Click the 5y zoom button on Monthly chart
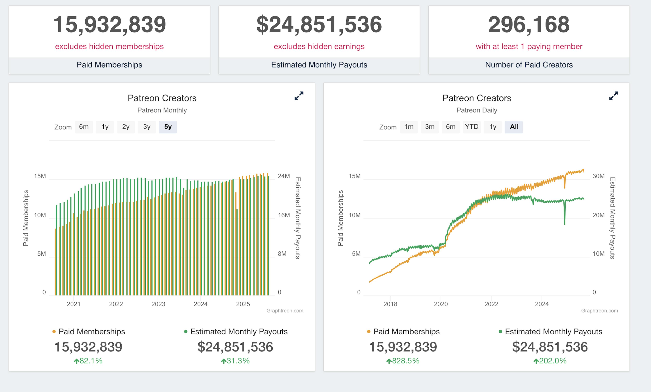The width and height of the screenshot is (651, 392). tap(168, 127)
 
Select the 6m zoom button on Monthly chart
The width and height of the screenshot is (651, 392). tap(84, 127)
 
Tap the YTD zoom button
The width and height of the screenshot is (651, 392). tap(472, 127)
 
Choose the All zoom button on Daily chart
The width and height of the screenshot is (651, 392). tap(514, 127)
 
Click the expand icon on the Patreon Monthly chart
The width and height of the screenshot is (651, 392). tap(299, 96)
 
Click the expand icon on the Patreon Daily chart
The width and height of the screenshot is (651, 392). tap(614, 96)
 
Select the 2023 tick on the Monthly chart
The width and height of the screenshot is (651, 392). tap(158, 304)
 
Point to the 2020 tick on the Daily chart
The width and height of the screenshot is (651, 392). tap(441, 304)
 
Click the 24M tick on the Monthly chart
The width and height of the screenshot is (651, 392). tap(284, 176)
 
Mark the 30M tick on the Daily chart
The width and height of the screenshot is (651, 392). tap(598, 176)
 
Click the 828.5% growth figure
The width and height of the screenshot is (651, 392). tap(403, 361)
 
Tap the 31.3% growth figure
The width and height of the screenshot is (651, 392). tap(235, 361)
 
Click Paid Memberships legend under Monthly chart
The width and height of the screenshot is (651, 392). tap(91, 332)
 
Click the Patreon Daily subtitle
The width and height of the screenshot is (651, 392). tap(477, 110)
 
